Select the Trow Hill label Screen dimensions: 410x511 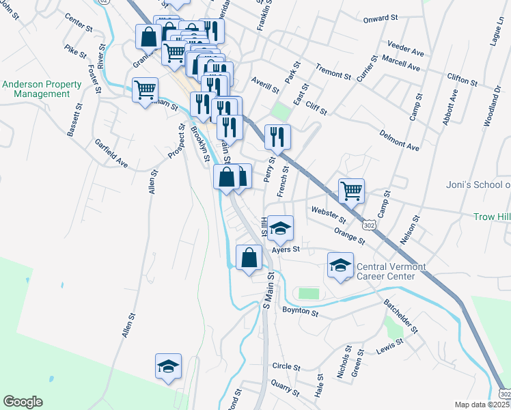coord(492,217)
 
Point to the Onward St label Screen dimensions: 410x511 coord(381,18)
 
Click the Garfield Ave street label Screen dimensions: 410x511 coord(111,154)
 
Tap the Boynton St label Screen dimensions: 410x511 coord(300,312)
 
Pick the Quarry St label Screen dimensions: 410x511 coord(285,388)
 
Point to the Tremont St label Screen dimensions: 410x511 coord(333,69)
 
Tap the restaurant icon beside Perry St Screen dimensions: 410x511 coord(277,136)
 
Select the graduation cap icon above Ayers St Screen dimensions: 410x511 coord(279,228)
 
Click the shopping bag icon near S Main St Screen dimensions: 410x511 coord(249,257)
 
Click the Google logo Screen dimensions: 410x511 coord(23,402)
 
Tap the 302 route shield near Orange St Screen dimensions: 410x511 coord(369,223)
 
